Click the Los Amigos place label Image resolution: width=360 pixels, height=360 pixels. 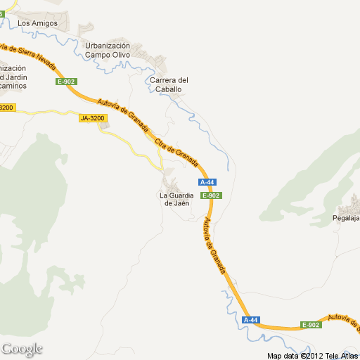[x=37, y=23]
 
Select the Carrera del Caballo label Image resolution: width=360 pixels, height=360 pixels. [x=169, y=84]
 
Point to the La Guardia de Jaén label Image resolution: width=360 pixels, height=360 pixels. [x=176, y=199]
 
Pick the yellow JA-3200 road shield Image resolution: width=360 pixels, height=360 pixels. [x=92, y=118]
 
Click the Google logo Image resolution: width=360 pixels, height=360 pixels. [x=22, y=349]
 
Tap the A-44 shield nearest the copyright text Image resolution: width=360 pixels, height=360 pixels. [x=251, y=320]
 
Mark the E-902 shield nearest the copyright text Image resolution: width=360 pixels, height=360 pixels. [x=311, y=324]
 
